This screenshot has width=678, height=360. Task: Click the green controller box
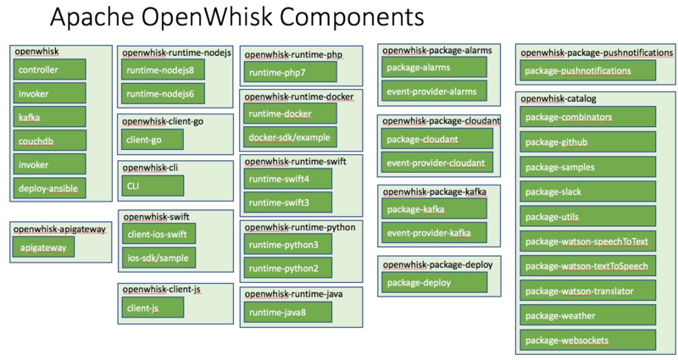coord(50,69)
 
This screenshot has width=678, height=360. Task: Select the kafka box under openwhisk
coord(50,117)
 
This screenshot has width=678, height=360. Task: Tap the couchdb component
coord(50,141)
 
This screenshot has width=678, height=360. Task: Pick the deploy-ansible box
coord(50,188)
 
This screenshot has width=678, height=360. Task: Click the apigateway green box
coord(46,247)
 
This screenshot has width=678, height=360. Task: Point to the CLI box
coord(153,185)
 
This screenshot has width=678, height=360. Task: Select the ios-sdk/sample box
coord(159,257)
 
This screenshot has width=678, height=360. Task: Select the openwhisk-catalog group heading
coord(559,98)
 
